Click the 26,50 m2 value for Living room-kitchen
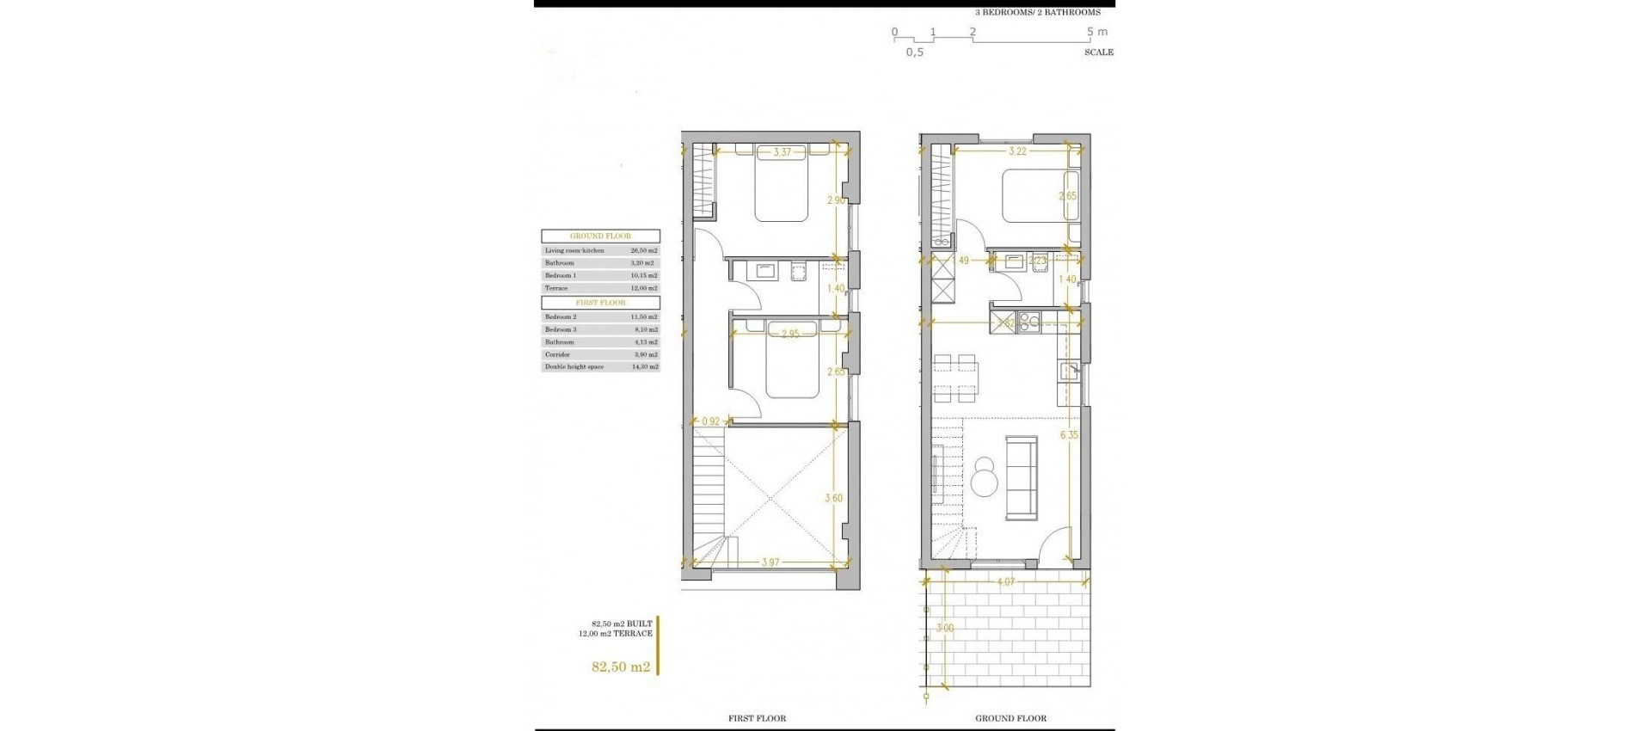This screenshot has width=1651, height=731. (x=643, y=250)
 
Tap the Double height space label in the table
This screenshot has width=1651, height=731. (x=574, y=367)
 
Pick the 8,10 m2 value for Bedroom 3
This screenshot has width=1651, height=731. (x=643, y=329)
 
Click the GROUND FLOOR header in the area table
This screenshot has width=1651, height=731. (x=600, y=236)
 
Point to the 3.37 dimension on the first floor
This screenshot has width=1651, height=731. (x=782, y=152)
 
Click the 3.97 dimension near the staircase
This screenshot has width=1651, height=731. (x=770, y=562)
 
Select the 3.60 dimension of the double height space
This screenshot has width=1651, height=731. (x=833, y=498)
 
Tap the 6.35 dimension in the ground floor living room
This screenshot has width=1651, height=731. (x=1069, y=435)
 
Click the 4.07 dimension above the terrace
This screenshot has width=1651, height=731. (x=1005, y=582)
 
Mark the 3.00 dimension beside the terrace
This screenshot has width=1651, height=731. (x=944, y=629)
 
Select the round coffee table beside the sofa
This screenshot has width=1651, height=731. (x=982, y=477)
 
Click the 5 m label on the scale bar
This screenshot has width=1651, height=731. (x=1096, y=32)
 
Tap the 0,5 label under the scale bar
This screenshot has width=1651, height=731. (x=914, y=52)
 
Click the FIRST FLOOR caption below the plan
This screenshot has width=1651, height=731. (x=757, y=718)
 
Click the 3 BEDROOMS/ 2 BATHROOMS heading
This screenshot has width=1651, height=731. (x=1037, y=13)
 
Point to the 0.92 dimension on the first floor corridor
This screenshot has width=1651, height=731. (x=710, y=421)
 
